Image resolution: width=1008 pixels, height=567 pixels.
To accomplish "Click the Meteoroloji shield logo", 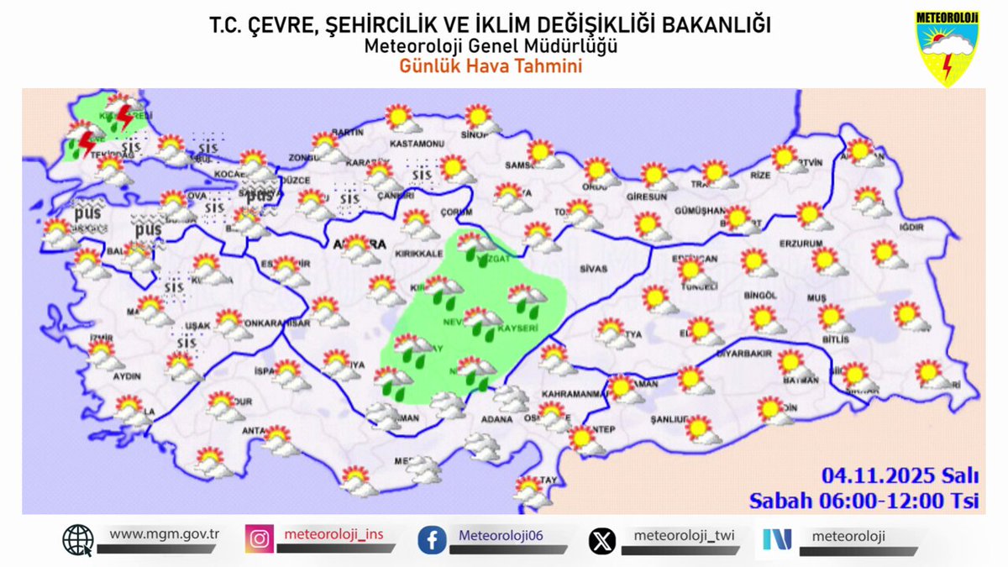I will click(x=947, y=48).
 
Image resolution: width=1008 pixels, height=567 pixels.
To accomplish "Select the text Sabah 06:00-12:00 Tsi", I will click(x=864, y=501).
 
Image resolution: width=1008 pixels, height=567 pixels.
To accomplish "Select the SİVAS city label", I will click(x=592, y=269).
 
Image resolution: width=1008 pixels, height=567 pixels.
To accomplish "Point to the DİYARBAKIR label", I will click(x=743, y=354).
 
